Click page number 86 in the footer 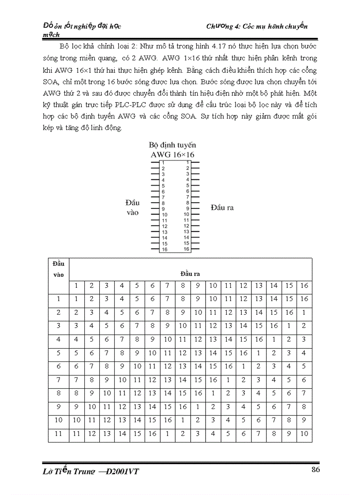click(315, 469)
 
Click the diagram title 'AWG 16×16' click(172, 154)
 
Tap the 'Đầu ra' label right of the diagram click(222, 208)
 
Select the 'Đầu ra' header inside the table click(191, 274)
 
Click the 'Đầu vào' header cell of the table click(58, 269)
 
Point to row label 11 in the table click(58, 434)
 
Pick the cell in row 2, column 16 click(304, 313)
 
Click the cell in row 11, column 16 click(304, 434)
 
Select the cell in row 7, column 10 click(213, 380)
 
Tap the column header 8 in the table click(183, 286)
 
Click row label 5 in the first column click(58, 353)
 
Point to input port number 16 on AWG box click(164, 249)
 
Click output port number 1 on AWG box click(187, 163)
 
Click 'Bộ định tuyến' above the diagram click(172, 145)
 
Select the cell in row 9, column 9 click(198, 407)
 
